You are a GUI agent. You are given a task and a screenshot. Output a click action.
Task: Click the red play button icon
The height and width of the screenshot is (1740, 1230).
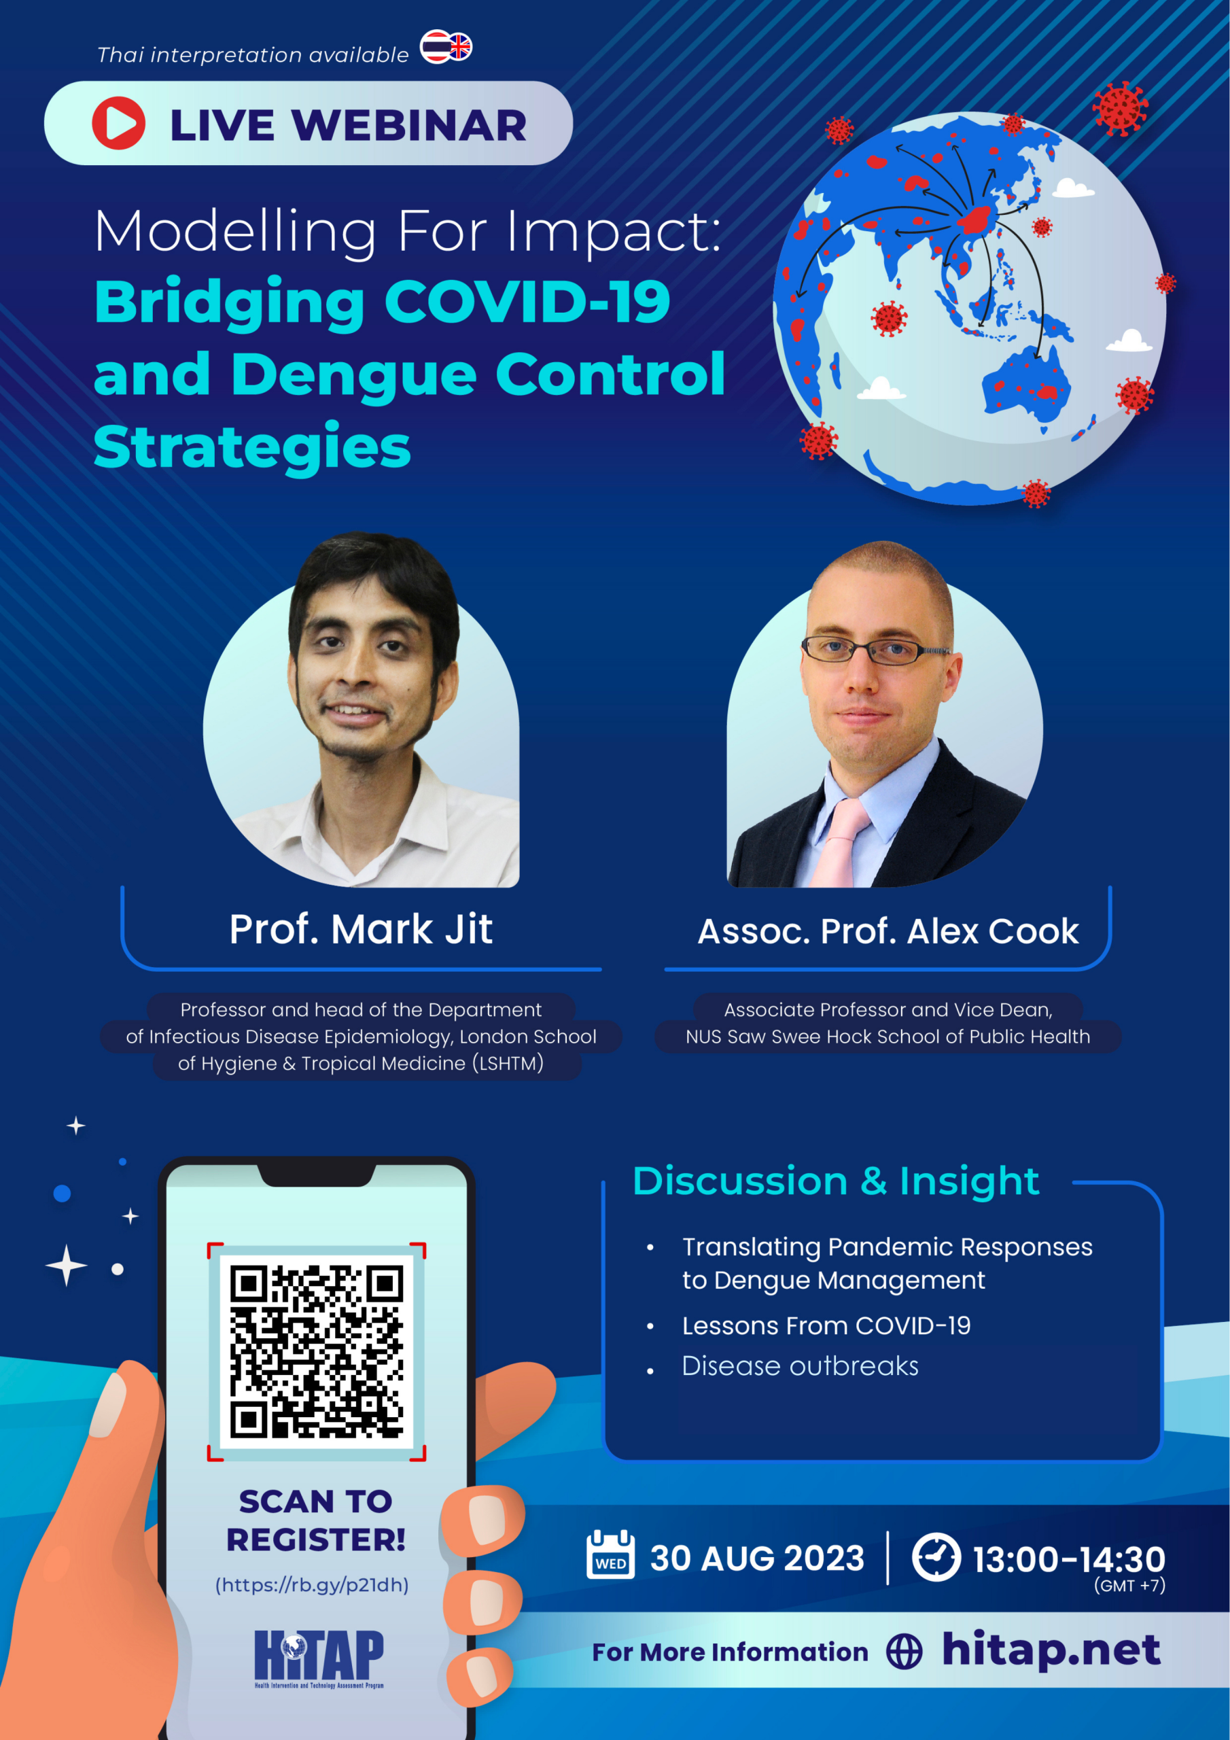coord(118,123)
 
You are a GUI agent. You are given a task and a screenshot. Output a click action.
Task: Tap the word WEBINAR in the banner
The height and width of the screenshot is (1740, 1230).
coord(409,125)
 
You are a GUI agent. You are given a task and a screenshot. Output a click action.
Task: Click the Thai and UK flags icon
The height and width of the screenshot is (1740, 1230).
coord(446,47)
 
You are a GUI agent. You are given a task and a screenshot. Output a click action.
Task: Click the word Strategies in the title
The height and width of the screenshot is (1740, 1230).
coord(252,447)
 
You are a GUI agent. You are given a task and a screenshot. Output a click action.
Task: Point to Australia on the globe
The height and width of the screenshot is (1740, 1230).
coord(1027,386)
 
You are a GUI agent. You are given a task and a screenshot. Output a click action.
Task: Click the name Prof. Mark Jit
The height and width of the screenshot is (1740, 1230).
coord(361,929)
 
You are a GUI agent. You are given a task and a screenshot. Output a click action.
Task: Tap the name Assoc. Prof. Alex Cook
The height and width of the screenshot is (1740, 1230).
coord(888,931)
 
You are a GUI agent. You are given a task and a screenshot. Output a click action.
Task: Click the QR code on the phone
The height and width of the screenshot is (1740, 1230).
coord(317,1352)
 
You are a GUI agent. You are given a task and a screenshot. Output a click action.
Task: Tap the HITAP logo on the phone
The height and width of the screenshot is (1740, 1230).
coord(319,1659)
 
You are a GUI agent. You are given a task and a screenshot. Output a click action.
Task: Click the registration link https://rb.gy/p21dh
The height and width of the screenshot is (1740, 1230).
coord(312,1584)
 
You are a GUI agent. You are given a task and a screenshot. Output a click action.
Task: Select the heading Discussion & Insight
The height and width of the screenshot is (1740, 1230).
coord(836,1181)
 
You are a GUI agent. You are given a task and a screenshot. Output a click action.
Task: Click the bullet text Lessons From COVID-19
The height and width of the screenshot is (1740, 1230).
coord(826,1325)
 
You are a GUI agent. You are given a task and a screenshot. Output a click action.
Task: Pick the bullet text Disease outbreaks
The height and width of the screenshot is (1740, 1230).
coord(801,1365)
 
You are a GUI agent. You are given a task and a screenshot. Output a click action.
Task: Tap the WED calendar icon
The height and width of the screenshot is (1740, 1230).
coord(611,1554)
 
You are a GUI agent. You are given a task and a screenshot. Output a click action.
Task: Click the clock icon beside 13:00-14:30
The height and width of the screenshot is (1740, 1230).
coord(936,1556)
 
